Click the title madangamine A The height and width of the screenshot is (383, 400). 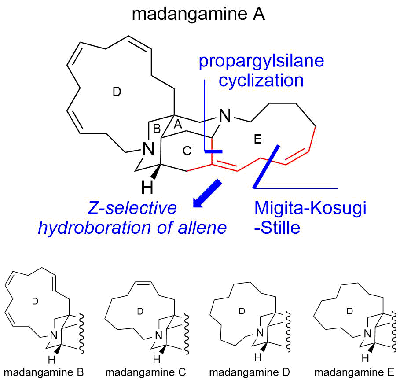click(198, 14)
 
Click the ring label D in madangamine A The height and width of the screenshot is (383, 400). click(117, 92)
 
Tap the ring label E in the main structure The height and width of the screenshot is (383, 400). click(258, 139)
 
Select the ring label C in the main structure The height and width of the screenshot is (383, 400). click(187, 151)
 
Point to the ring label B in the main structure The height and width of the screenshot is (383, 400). click(157, 129)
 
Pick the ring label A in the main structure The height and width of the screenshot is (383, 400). click(178, 125)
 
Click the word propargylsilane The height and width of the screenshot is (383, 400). click(261, 61)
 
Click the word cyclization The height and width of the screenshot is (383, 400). click(261, 81)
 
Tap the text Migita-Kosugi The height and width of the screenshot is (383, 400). click(310, 208)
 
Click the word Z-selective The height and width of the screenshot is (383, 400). click(132, 208)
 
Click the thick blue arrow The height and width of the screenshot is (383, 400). click(207, 194)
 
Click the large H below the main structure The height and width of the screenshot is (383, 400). click(147, 188)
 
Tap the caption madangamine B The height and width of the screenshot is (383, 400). click(44, 372)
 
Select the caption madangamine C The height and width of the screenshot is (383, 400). click(146, 372)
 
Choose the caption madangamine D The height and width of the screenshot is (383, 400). click(250, 372)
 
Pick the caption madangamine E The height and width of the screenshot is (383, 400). click(354, 372)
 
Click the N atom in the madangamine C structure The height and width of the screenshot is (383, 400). click(159, 335)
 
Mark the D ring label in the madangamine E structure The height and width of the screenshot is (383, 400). click(350, 311)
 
